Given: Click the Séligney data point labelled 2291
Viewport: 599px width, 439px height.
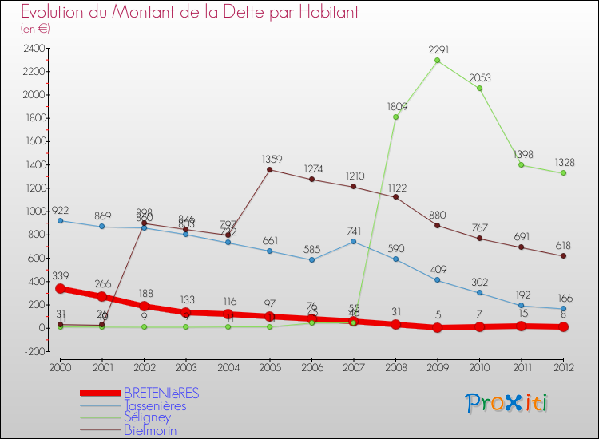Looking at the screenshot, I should click(437, 61).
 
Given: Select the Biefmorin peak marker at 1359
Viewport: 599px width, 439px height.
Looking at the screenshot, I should click(269, 169).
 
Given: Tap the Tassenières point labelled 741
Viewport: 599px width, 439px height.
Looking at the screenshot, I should click(353, 241).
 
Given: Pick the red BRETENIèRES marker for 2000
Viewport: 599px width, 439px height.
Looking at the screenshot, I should click(60, 288).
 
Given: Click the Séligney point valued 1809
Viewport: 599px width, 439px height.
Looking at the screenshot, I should click(395, 117).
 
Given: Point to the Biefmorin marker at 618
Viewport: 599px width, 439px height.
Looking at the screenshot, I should click(563, 255).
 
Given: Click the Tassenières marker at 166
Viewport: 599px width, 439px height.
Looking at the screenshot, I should click(563, 308).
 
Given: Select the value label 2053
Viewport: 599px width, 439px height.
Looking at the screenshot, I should click(479, 77).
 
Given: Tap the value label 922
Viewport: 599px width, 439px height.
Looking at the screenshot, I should click(61, 209).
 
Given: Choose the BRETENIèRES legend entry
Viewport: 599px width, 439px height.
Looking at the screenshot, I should click(161, 393).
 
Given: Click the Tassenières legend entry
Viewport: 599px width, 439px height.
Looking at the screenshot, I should click(155, 405).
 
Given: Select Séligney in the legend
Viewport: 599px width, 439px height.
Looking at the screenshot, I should click(149, 417).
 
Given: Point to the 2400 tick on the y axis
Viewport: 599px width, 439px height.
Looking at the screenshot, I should click(34, 48).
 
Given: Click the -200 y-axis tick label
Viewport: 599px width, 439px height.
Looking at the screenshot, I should click(34, 351).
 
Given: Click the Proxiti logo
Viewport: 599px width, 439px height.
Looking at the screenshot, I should click(507, 403).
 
